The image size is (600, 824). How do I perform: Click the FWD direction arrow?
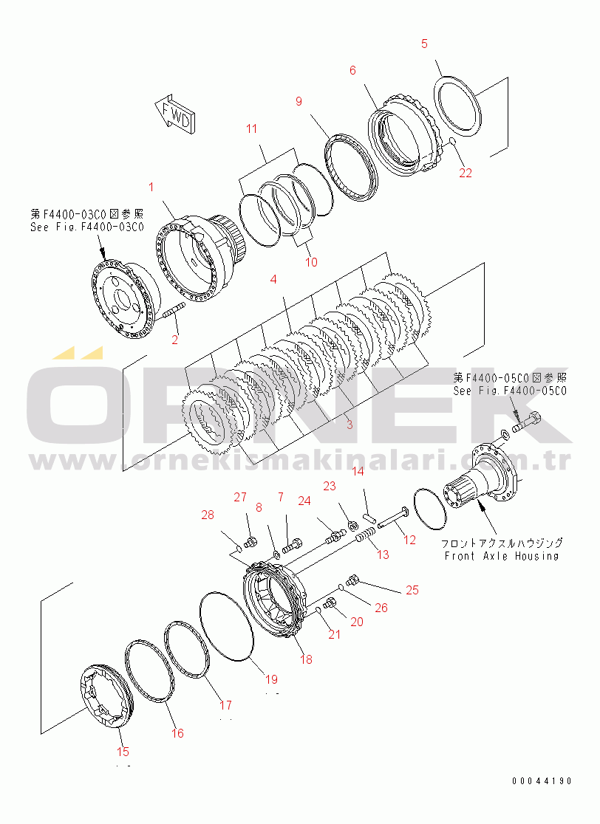click(x=175, y=114)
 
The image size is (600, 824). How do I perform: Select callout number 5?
click(x=424, y=44)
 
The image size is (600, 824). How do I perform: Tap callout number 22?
click(x=465, y=173)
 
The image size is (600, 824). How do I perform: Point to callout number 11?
click(x=252, y=129)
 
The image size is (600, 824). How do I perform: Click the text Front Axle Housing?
click(x=501, y=555)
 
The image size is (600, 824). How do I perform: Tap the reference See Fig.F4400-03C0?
click(x=87, y=227)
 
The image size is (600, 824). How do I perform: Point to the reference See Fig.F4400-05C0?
click(x=510, y=391)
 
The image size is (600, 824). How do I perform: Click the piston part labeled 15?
click(x=106, y=698)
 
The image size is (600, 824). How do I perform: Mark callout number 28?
click(x=208, y=515)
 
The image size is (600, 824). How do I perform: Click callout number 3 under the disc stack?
click(x=349, y=425)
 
